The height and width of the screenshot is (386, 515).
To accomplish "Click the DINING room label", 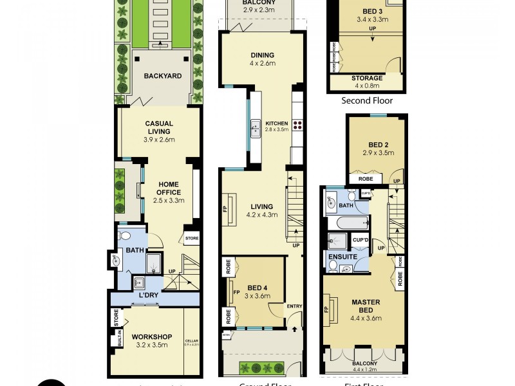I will (262, 55).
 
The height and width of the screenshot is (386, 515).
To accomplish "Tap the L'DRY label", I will (149, 295).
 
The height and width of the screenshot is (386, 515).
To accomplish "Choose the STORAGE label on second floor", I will (368, 78).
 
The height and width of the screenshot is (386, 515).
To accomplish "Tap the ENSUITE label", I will (342, 257).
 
